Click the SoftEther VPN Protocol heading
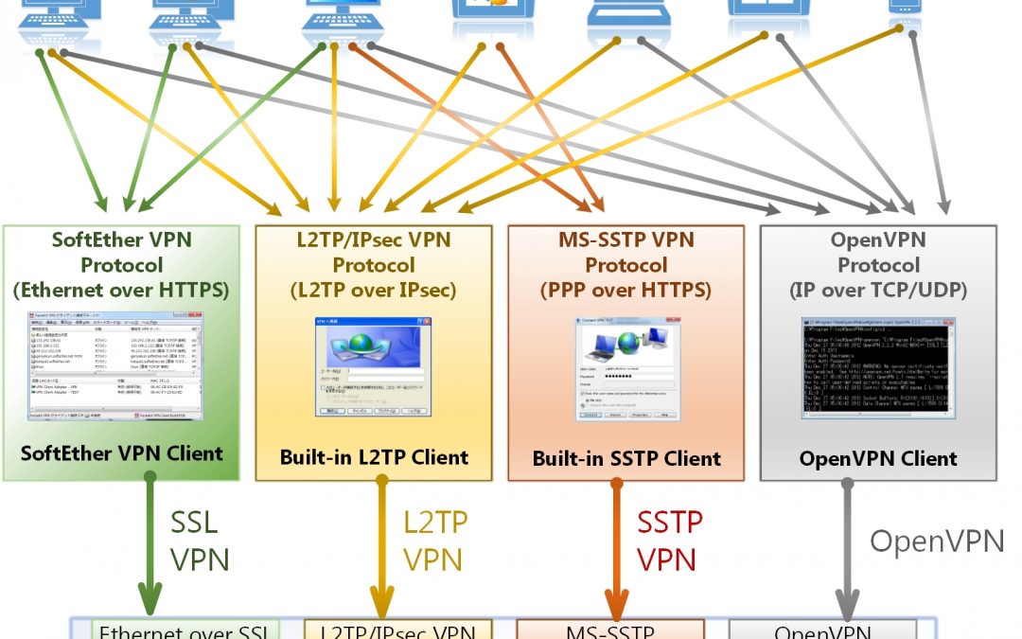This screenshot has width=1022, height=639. (121, 265)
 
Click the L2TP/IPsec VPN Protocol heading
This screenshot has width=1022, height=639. (373, 265)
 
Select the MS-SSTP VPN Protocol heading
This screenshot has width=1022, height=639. (626, 265)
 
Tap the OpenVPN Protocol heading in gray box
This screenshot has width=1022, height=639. (878, 265)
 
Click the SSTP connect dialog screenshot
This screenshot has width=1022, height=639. (626, 369)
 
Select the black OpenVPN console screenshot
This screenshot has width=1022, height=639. (878, 368)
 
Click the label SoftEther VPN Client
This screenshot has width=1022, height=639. (121, 453)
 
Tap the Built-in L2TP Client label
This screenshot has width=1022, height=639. (374, 457)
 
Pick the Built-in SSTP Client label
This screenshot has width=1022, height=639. (626, 458)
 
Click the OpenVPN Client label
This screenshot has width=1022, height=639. (878, 458)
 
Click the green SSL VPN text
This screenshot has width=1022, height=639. (200, 541)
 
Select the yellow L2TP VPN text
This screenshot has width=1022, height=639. (435, 541)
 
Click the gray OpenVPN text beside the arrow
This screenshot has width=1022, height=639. (937, 541)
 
